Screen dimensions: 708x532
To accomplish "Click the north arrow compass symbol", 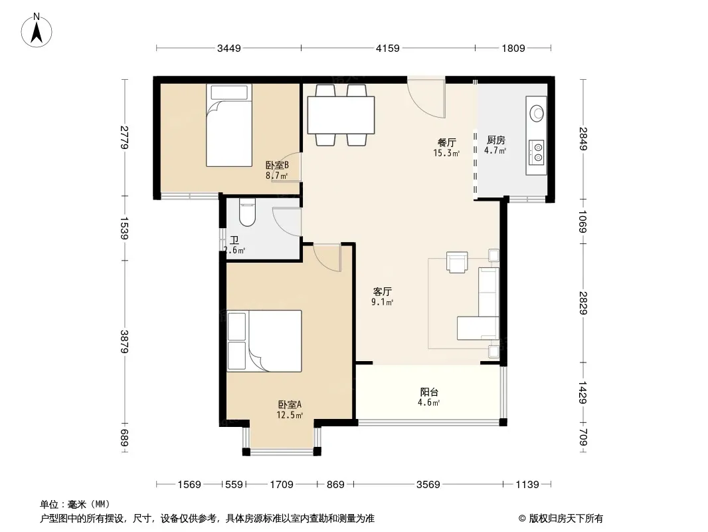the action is [x=37, y=31].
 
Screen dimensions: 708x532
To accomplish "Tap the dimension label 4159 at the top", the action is [x=388, y=49].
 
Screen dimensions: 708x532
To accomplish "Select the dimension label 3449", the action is [x=229, y=49].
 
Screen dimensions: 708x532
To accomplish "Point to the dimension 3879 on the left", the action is [x=125, y=342].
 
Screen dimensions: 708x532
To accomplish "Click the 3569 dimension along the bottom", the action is [x=428, y=485].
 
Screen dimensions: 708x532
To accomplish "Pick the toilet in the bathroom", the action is [x=247, y=212].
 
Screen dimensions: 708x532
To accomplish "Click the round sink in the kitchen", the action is [x=537, y=113].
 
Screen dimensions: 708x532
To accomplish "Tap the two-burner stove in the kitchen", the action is [x=537, y=151].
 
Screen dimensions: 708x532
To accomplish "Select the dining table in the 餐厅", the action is [x=341, y=115].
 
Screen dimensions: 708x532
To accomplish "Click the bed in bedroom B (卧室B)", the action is [x=229, y=125].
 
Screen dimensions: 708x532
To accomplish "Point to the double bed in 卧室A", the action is [x=264, y=340].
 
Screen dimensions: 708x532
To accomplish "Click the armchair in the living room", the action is [x=457, y=262].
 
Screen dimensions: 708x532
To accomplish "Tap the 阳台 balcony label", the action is [x=429, y=392].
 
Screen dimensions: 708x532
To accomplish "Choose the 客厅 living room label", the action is [x=382, y=291].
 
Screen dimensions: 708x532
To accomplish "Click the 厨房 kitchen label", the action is [x=495, y=140].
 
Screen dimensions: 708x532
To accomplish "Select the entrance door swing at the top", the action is [x=426, y=98].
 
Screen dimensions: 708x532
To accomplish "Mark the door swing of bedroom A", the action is [x=327, y=258].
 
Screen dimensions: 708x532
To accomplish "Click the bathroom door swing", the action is [x=287, y=221].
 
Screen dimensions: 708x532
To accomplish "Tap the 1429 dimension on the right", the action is [x=583, y=392].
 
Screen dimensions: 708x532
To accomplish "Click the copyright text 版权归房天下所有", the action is [x=566, y=519].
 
